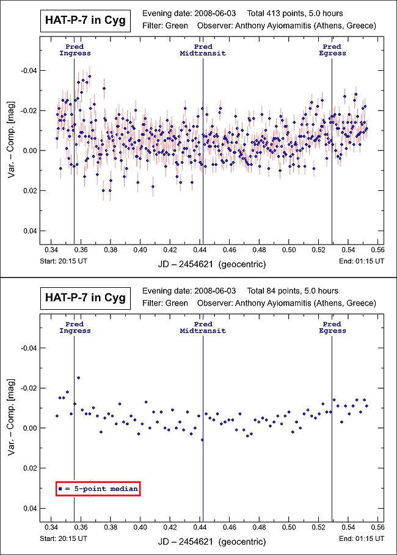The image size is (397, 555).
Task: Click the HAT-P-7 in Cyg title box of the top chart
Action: click(x=85, y=21)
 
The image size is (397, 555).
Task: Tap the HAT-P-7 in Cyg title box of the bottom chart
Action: click(x=85, y=298)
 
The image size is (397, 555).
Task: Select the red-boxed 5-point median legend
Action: click(x=98, y=489)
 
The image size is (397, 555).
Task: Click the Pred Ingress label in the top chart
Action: click(x=75, y=50)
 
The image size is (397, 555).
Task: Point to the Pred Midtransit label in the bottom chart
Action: click(x=203, y=328)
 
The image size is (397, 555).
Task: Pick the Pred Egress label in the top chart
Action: click(x=332, y=50)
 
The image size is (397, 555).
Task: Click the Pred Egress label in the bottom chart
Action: click(x=332, y=328)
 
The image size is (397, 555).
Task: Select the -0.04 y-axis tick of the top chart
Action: click(x=29, y=71)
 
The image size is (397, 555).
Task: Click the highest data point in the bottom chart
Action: click(x=78, y=378)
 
